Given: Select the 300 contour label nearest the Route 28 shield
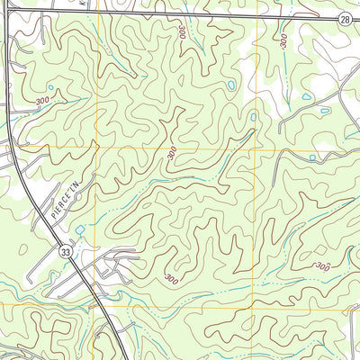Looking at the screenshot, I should pyautogui.click(x=284, y=40).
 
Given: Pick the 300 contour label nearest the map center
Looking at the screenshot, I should pyautogui.click(x=172, y=154).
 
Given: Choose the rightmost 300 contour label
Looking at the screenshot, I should pyautogui.click(x=323, y=267).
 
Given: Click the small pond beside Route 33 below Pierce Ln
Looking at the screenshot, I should pyautogui.click(x=79, y=230).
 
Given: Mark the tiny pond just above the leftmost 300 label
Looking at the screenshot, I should pyautogui.click(x=49, y=88).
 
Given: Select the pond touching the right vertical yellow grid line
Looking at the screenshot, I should pyautogui.click(x=254, y=116).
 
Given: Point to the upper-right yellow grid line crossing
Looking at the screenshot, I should pyautogui.click(x=262, y=147).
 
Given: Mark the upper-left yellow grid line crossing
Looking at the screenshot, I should pyautogui.click(x=95, y=147).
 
